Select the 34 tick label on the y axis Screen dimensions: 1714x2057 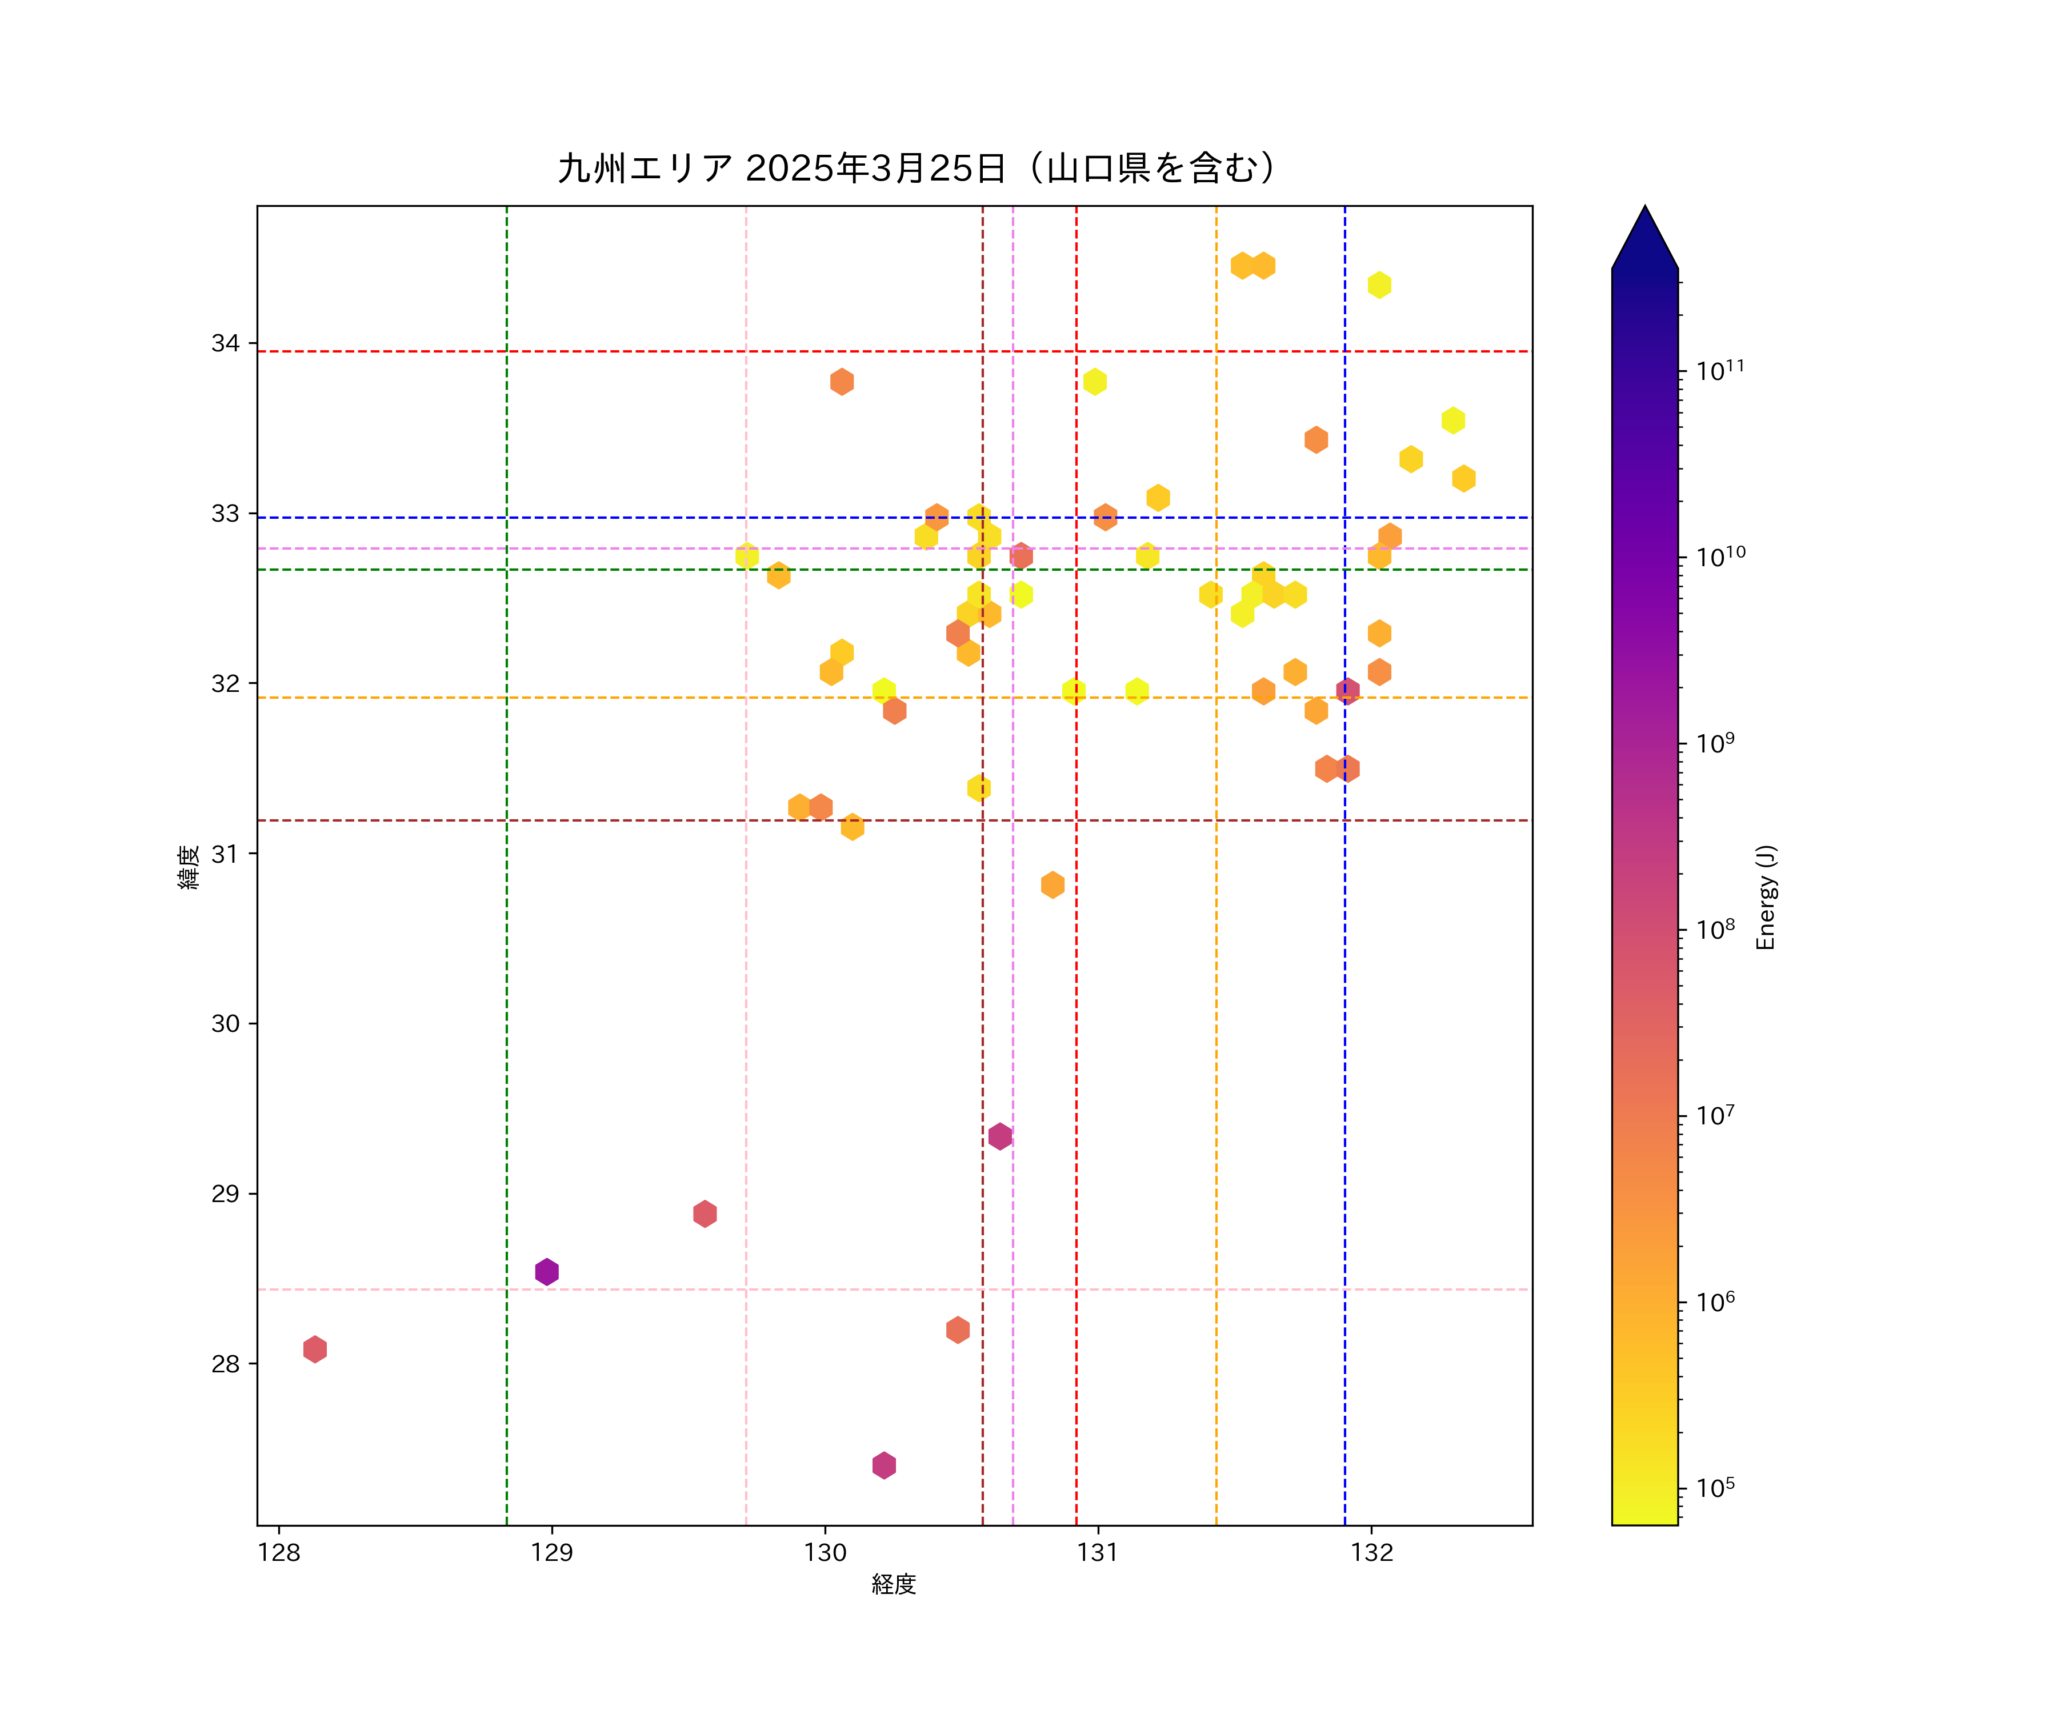tap(225, 344)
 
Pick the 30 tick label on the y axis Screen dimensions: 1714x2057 tap(225, 1023)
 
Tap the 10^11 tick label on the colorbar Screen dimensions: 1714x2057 tap(1720, 370)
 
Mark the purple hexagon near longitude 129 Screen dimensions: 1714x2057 tap(547, 1271)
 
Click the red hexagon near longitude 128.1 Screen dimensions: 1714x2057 tap(314, 1349)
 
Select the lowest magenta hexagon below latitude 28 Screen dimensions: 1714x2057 tap(883, 1465)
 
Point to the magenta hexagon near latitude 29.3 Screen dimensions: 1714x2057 tap(999, 1136)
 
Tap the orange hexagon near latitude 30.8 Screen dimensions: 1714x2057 tap(1052, 884)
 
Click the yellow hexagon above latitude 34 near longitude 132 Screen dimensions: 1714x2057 tap(1379, 285)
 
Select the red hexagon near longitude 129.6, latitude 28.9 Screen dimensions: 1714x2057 tap(705, 1214)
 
